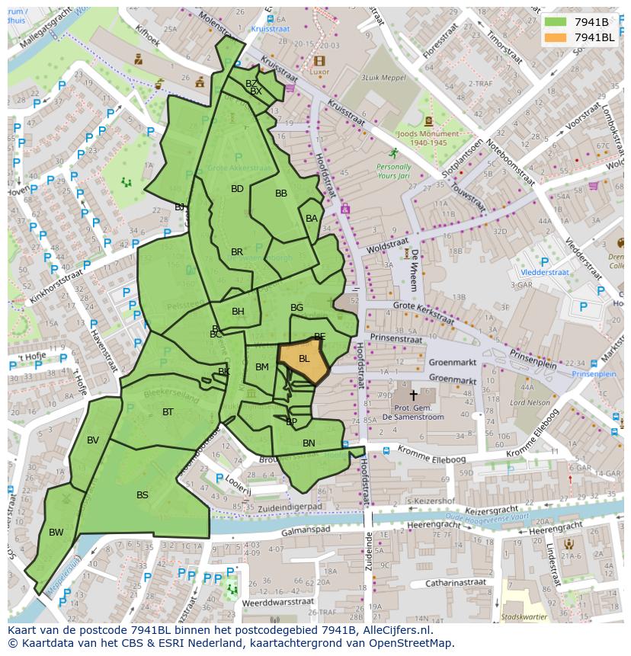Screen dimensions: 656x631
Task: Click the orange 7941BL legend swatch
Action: (x=555, y=37)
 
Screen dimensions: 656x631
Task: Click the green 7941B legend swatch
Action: (x=555, y=21)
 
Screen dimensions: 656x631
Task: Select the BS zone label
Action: (x=143, y=495)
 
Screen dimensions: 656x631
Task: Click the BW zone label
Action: (x=56, y=532)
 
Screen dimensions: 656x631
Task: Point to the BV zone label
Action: (x=93, y=440)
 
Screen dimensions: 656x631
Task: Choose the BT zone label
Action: (x=168, y=412)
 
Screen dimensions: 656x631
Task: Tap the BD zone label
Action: (x=237, y=189)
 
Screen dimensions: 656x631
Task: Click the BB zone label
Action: (x=281, y=194)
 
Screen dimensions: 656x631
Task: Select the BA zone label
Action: (x=311, y=219)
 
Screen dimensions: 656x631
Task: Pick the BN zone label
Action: (x=309, y=443)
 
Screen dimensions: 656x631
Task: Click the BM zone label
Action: (x=262, y=367)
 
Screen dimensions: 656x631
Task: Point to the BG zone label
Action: (x=296, y=308)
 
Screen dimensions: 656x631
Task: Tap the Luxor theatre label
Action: (x=319, y=72)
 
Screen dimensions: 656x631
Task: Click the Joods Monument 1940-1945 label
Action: (x=428, y=138)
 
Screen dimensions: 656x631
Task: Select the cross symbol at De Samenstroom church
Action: (x=413, y=395)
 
